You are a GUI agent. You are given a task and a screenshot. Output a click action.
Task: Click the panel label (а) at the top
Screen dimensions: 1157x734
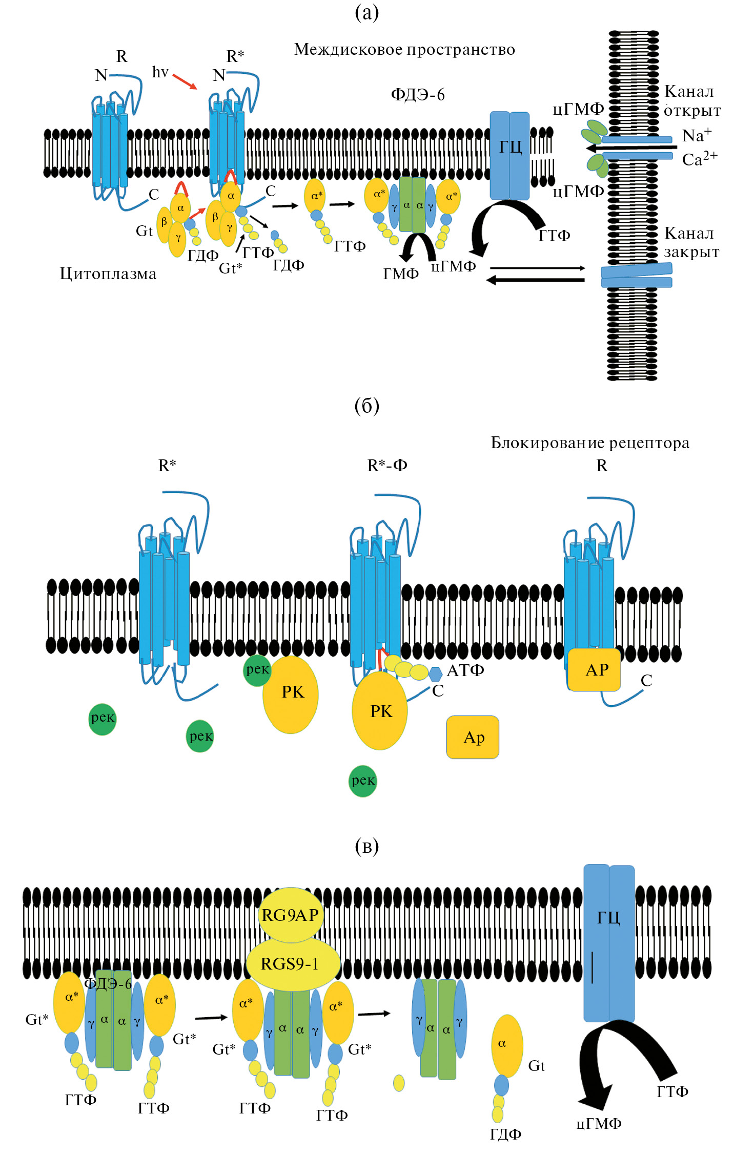pos(367,12)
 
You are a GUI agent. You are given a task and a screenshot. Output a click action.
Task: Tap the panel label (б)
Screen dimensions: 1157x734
pos(367,406)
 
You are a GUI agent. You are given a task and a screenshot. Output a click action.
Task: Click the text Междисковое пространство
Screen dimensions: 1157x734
pos(404,50)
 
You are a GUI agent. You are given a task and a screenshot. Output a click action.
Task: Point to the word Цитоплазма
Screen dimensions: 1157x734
pos(108,274)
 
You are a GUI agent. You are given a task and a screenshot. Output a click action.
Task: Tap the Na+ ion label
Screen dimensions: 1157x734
pos(697,135)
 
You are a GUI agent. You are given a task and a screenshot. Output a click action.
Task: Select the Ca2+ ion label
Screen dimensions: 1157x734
pos(699,159)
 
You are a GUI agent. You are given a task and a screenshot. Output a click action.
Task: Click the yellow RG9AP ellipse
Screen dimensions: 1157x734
pos(291,915)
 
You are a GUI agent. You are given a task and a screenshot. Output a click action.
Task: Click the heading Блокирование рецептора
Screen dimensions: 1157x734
pos(590,443)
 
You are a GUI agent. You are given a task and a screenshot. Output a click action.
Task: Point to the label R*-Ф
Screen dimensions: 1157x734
pos(388,466)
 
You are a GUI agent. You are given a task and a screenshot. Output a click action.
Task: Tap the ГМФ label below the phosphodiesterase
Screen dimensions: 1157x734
pos(401,274)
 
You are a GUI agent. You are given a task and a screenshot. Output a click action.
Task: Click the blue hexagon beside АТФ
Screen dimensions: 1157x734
pos(436,674)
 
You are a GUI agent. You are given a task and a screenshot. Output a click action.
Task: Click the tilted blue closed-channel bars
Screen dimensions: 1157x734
pos(636,275)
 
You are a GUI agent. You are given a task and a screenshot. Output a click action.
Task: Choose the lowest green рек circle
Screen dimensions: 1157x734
pos(363,781)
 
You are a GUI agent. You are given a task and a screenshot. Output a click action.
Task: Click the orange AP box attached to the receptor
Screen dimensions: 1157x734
pos(594,669)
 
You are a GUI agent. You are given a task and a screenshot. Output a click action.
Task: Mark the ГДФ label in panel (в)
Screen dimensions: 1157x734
pos(505,1134)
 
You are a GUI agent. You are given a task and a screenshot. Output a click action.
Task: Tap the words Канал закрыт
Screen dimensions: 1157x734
pos(691,242)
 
